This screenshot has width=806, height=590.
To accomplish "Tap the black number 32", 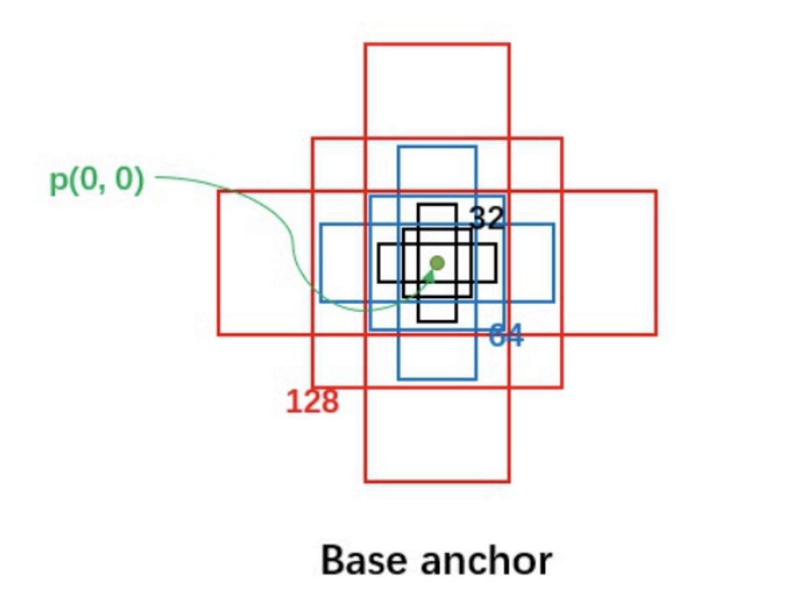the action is click(486, 218).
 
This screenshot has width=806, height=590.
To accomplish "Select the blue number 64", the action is click(505, 336).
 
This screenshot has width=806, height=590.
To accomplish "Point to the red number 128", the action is click(312, 402).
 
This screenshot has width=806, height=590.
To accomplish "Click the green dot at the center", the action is click(437, 262).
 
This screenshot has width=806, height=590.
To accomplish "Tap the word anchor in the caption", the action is click(483, 560).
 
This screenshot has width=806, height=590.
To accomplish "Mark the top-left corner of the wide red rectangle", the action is click(219, 191).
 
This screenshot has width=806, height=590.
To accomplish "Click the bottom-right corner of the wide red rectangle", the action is click(656, 334).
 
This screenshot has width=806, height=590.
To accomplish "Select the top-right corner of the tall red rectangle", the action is click(509, 44).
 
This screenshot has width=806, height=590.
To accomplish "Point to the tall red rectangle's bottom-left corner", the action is click(365, 481).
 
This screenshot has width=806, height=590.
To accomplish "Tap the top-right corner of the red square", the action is click(562, 139).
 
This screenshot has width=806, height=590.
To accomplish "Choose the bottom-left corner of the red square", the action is click(313, 387).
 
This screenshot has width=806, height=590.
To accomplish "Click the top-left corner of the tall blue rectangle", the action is click(398, 147).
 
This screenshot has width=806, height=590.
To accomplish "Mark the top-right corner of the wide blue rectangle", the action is click(554, 224).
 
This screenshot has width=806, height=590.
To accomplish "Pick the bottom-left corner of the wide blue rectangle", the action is click(321, 301).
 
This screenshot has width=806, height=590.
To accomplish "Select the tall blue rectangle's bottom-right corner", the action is click(476, 379).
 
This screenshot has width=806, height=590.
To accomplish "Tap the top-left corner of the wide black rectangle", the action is click(379, 244).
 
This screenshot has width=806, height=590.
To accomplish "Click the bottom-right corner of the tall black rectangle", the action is click(457, 321).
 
